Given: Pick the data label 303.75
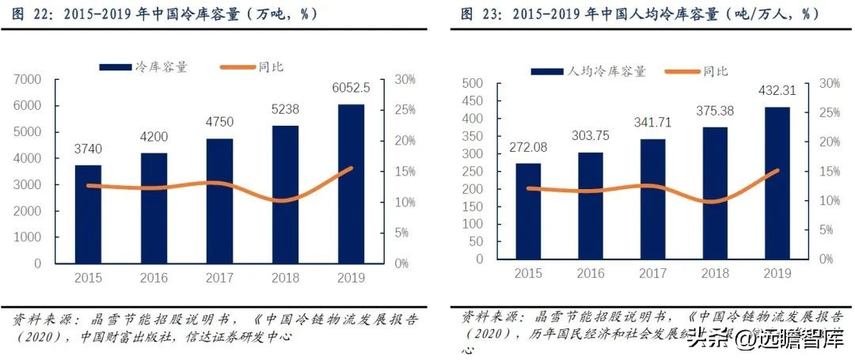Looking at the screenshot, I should pos(590,136).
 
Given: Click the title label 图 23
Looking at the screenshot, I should pos(477,14).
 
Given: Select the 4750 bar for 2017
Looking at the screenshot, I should pos(220,200).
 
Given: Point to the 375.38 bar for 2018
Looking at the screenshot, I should pos(715,193).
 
